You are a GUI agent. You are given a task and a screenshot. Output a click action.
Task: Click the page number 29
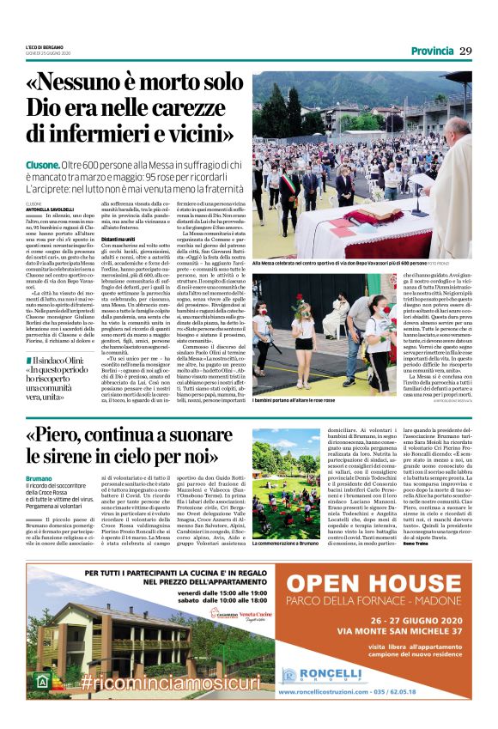coord(466,51)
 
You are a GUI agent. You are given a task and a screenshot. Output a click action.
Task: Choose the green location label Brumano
coord(39,477)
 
